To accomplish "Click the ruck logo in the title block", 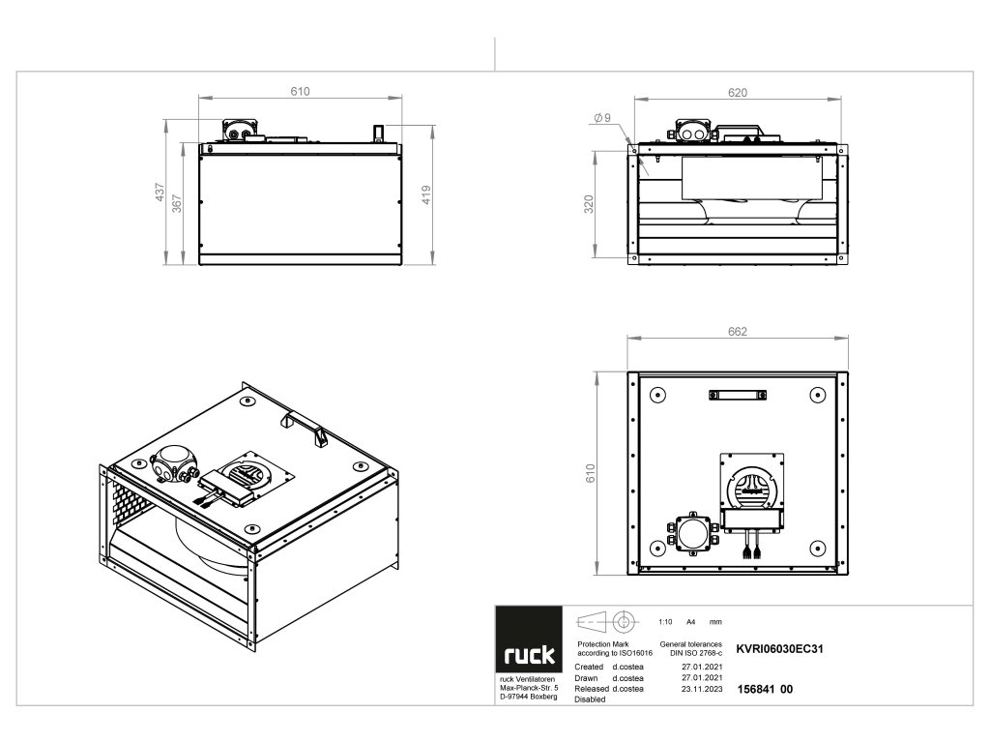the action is coord(529,655).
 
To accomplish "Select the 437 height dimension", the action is coord(160,193).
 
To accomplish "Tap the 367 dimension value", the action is coord(177,205).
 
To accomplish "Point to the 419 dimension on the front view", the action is coord(426,193).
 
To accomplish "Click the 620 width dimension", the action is coord(738,93).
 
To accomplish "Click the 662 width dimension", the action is coord(738,332).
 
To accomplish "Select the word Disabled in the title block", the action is coord(591,699).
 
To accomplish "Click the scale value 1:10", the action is coord(664,622).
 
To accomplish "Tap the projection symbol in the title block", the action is coord(607,621).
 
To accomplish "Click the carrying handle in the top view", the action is coord(738,395).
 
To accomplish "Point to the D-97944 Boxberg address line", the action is coord(528,697).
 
